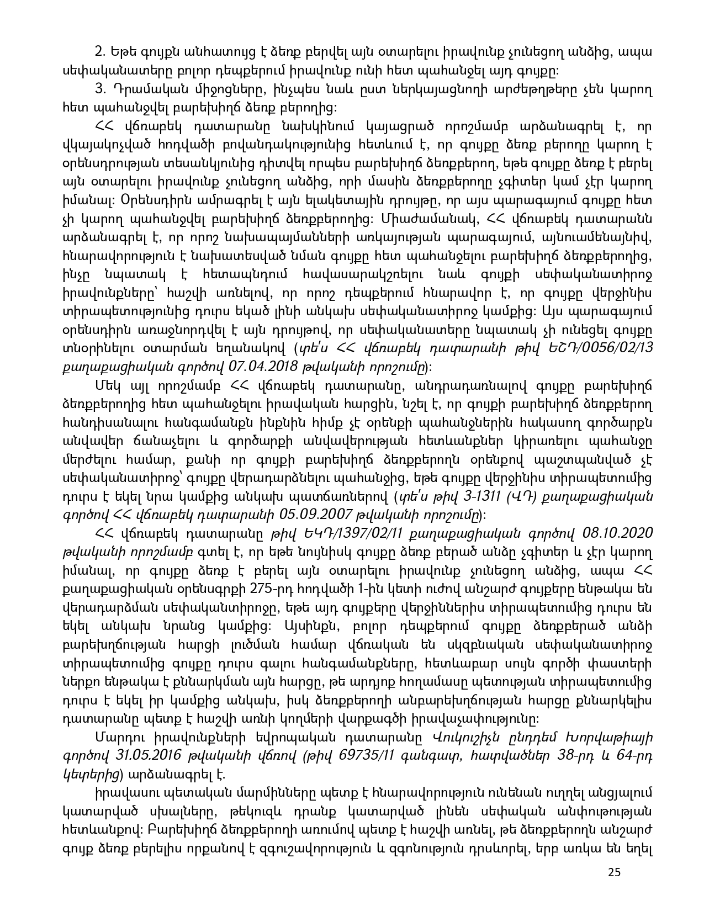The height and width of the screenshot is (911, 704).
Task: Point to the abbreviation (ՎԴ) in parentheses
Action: click(518, 496)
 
